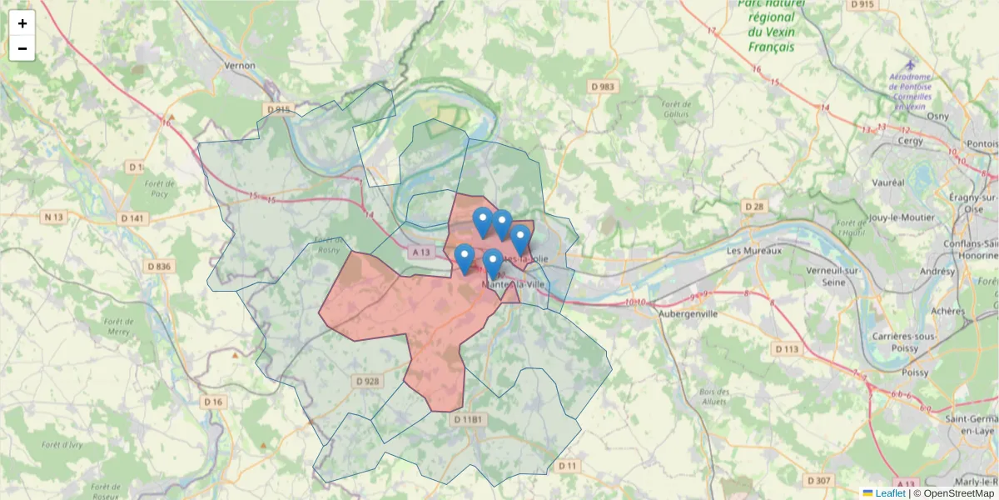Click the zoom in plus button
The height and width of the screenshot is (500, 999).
pyautogui.click(x=22, y=23)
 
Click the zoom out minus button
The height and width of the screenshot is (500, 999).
pyautogui.click(x=22, y=48)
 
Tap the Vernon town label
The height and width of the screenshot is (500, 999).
pyautogui.click(x=239, y=65)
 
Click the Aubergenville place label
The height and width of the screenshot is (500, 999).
pyautogui.click(x=688, y=314)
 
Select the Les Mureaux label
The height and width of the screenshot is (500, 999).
pyautogui.click(x=754, y=251)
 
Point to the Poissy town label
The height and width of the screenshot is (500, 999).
pyautogui.click(x=914, y=372)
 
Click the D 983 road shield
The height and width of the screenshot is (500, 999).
pyautogui.click(x=604, y=87)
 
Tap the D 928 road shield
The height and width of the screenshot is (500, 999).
pyautogui.click(x=367, y=381)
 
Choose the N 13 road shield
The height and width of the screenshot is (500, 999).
pyautogui.click(x=53, y=217)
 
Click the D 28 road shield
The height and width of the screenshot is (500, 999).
pyautogui.click(x=754, y=206)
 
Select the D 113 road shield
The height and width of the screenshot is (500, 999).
pyautogui.click(x=788, y=348)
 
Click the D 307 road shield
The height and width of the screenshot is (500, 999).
pyautogui.click(x=819, y=481)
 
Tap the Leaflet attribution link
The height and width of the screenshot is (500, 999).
pyautogui.click(x=890, y=493)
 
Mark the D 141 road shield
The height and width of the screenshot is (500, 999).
pyautogui.click(x=132, y=218)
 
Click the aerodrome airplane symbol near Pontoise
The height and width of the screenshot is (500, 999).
pyautogui.click(x=910, y=64)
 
